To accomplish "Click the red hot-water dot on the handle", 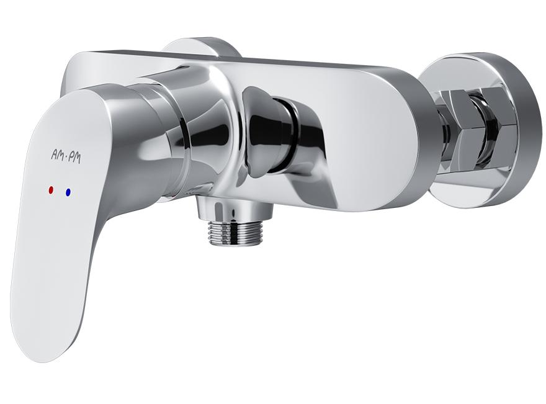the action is point(51,191).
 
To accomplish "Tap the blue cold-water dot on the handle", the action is point(68,192).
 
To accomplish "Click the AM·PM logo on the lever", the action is point(66,157).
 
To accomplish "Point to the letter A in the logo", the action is point(54,155).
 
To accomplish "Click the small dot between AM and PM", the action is point(66,157).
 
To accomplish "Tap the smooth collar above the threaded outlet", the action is point(234,209).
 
